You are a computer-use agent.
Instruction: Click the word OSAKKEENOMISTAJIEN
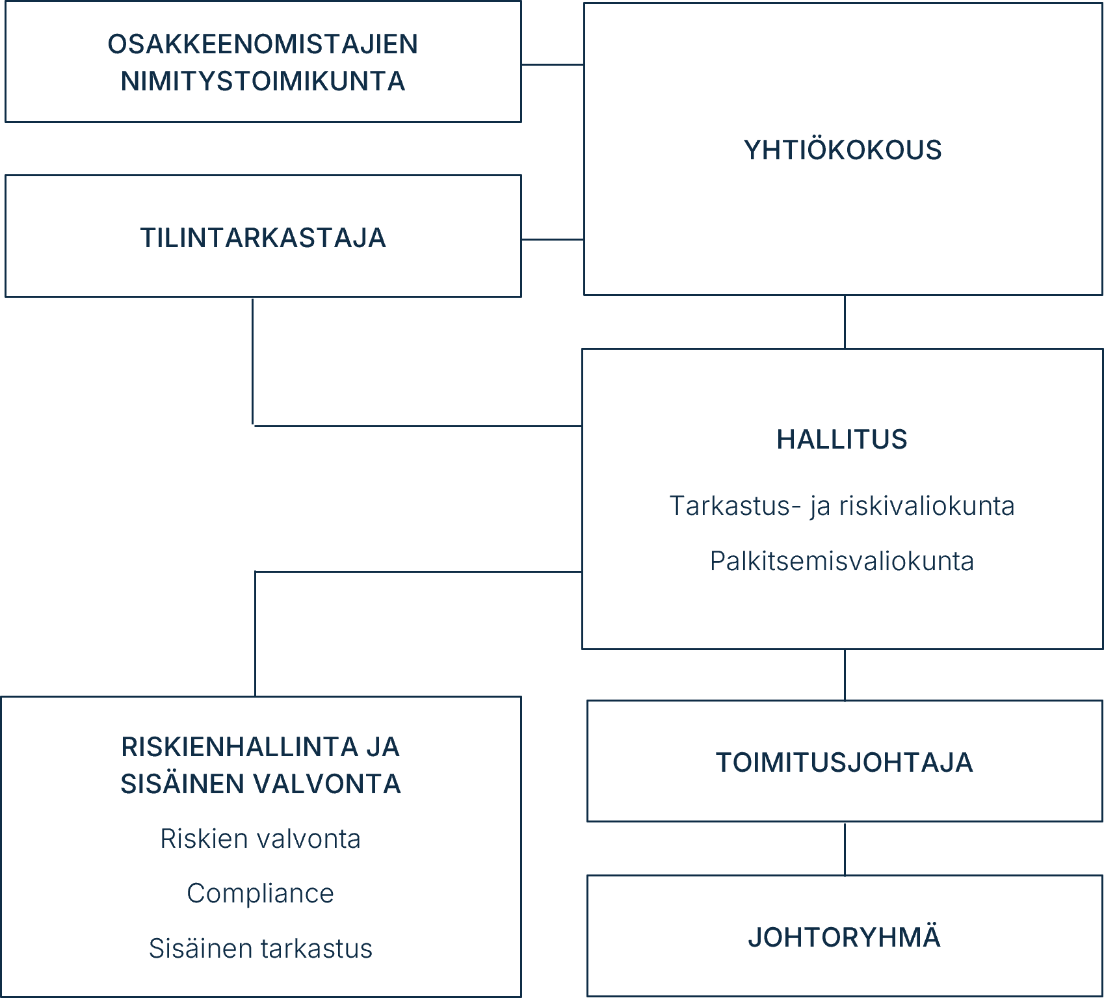point(263,44)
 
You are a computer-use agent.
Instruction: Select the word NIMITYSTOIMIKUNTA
point(263,82)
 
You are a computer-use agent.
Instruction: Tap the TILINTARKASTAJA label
point(263,238)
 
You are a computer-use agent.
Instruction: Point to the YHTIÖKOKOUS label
point(843,150)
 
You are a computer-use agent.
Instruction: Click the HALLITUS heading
point(842,440)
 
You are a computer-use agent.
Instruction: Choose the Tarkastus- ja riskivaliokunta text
point(842,506)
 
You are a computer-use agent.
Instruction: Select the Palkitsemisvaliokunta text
point(842,561)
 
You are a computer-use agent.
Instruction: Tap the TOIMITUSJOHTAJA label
point(844,763)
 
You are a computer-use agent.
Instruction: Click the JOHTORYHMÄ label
point(844,938)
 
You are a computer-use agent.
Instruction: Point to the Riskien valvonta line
point(260,839)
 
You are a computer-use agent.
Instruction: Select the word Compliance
point(260,893)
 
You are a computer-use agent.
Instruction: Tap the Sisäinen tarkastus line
point(260,949)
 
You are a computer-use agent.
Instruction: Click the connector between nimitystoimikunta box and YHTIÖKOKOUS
point(552,64)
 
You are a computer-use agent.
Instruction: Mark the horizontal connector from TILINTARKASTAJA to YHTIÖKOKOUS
point(552,239)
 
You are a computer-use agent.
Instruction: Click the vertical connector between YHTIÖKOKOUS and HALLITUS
point(845,322)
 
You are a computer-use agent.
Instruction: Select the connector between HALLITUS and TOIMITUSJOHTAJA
point(845,675)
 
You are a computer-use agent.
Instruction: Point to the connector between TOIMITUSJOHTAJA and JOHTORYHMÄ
point(845,849)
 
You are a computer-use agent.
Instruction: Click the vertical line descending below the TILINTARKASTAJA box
point(253,361)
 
